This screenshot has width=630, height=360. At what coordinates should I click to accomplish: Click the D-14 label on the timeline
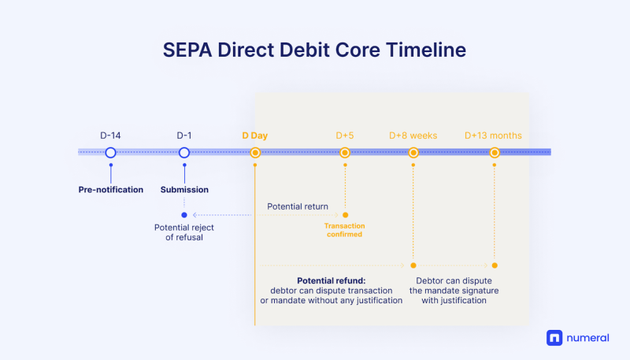[110, 135]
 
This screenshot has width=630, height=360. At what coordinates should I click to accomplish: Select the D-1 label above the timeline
[184, 135]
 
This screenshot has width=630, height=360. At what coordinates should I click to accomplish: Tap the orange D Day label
[254, 135]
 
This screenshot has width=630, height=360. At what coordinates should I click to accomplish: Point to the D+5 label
[345, 135]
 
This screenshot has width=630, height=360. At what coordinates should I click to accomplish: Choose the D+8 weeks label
[413, 135]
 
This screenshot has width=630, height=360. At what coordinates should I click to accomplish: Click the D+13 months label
[494, 135]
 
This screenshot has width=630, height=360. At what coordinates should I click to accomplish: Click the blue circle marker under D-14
[110, 153]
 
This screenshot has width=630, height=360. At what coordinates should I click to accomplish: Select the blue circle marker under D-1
[184, 153]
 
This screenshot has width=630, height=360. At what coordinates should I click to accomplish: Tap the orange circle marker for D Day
[255, 153]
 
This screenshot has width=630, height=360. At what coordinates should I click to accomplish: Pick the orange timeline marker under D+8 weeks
[413, 153]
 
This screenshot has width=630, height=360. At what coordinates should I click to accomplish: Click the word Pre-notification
[111, 190]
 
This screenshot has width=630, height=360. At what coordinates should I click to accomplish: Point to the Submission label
[184, 190]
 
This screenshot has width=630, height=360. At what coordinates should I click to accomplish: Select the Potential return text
[298, 206]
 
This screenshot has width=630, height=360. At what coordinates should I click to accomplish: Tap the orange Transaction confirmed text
[345, 230]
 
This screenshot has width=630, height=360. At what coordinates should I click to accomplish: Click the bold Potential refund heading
[332, 281]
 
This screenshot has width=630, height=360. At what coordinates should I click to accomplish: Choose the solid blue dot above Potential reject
[184, 215]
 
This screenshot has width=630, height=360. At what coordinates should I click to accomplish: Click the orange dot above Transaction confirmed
[345, 215]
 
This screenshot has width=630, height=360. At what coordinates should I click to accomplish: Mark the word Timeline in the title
[426, 50]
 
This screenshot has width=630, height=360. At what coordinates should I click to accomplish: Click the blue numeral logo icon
[554, 338]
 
